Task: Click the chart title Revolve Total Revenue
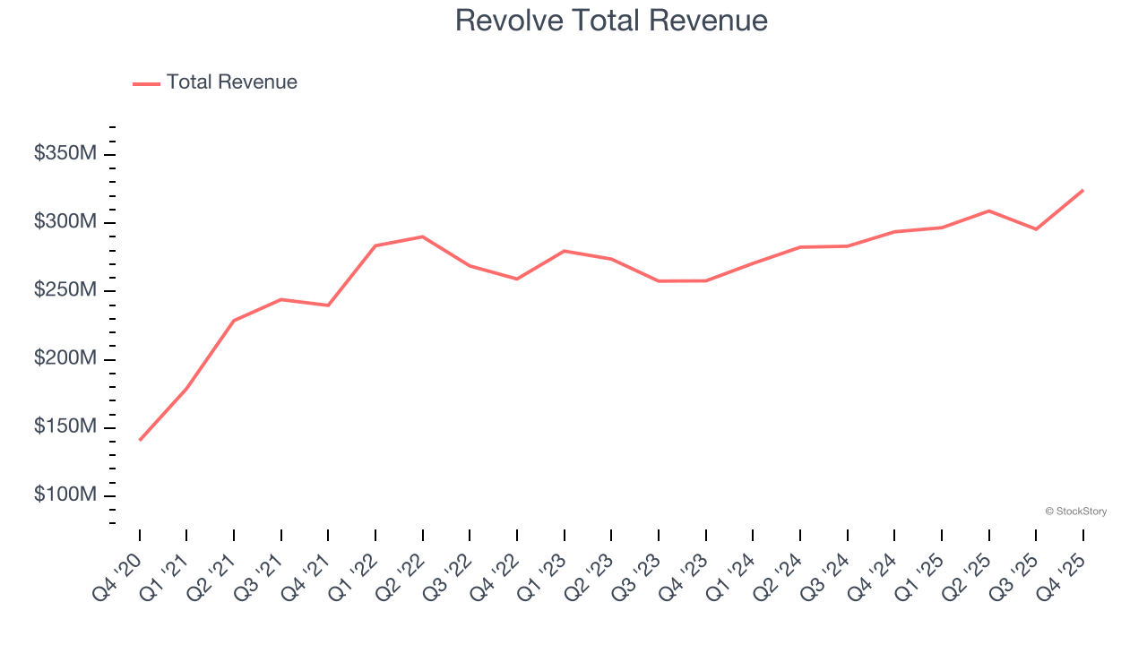click(x=611, y=21)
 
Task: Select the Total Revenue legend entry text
click(x=231, y=82)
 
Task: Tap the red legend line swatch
click(x=146, y=83)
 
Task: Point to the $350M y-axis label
click(x=65, y=154)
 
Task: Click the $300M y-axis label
click(x=65, y=222)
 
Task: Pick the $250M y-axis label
click(x=65, y=291)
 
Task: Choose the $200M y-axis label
click(x=65, y=359)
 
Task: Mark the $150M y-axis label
click(x=65, y=427)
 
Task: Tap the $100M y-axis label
click(x=65, y=495)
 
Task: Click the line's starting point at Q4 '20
click(x=140, y=440)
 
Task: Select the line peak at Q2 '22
click(x=423, y=236)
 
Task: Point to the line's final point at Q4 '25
click(x=1082, y=190)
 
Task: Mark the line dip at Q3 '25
click(x=1036, y=229)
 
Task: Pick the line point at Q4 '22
click(x=517, y=279)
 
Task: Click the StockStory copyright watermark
click(x=1075, y=512)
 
